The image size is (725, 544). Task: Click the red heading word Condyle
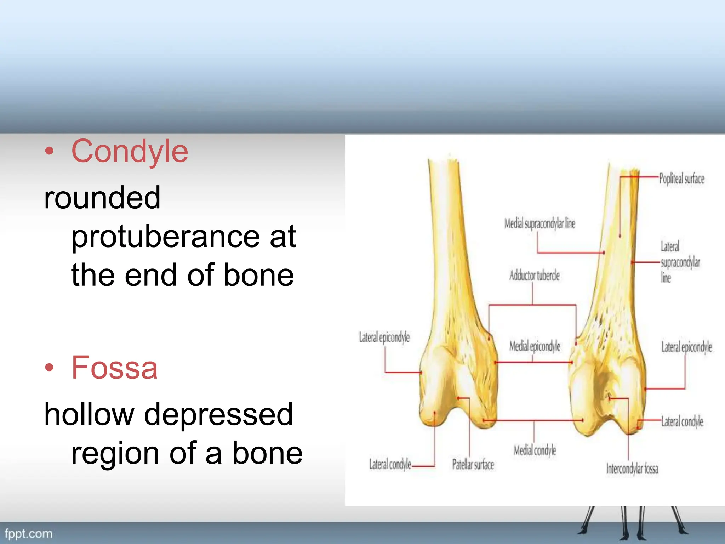(130, 152)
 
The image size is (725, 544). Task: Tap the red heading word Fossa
(114, 368)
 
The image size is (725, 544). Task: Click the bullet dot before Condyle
(49, 152)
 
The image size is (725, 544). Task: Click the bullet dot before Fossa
(49, 368)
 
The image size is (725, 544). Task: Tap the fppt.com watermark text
(28, 533)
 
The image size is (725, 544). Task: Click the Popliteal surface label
(681, 179)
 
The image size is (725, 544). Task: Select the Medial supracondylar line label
(540, 224)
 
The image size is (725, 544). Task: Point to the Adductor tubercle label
(534, 275)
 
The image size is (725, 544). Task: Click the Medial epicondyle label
(535, 346)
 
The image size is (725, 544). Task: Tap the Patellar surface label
(473, 464)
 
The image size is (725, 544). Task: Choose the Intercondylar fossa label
(632, 469)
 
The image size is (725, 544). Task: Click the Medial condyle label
(535, 450)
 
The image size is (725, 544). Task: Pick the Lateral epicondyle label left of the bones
(384, 337)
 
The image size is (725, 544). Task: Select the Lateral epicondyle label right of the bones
(686, 347)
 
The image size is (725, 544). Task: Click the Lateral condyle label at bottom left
(390, 464)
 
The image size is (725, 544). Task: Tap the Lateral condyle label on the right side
(682, 421)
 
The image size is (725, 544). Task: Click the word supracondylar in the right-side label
(680, 262)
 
